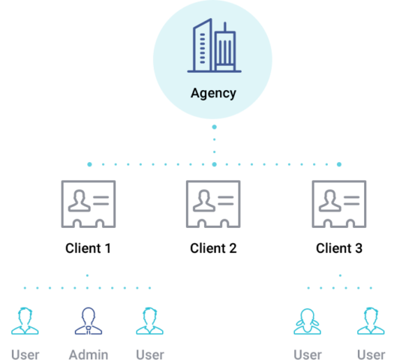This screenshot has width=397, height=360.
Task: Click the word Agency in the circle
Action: (213, 94)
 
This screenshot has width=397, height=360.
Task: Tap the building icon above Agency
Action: (214, 46)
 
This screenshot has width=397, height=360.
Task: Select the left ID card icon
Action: (88, 203)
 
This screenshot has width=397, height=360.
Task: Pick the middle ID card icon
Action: (213, 203)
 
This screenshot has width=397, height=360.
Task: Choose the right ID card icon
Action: (339, 203)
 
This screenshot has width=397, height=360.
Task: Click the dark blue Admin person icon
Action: (89, 321)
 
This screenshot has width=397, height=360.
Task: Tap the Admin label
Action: (89, 354)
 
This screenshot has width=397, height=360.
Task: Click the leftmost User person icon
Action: (26, 321)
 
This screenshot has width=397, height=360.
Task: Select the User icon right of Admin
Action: (150, 321)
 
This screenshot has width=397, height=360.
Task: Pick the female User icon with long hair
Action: (308, 321)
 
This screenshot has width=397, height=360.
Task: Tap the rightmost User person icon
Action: (371, 321)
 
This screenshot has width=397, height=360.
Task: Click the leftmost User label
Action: (26, 354)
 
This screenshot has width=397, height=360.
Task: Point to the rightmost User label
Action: (371, 354)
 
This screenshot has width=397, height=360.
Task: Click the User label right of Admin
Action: (150, 354)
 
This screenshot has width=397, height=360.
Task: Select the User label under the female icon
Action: (308, 354)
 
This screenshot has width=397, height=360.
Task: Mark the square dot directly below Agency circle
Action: (214, 127)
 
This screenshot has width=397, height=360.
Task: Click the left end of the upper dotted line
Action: (89, 164)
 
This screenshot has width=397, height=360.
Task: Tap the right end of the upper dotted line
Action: (339, 164)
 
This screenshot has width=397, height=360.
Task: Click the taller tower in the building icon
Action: (201, 46)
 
